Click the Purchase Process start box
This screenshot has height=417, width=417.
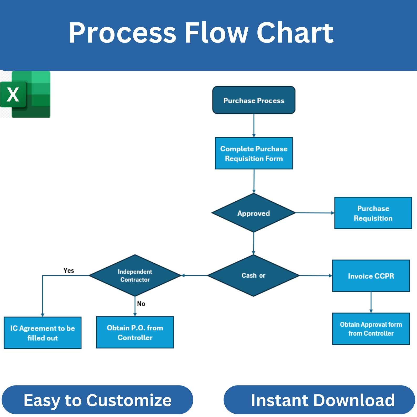coord(254,100)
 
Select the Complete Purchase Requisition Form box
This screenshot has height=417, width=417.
coord(254,153)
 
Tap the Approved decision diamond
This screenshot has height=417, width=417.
coord(253,213)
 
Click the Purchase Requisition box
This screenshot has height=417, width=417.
coord(373,213)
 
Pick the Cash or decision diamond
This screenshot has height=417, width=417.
coord(253,275)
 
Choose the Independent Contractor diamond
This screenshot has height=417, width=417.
coord(135,275)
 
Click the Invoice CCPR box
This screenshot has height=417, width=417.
coord(371,276)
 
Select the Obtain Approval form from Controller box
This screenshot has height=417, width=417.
coord(371,329)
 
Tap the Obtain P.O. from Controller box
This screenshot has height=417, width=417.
coord(135,332)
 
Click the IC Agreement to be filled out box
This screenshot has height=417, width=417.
coord(43,333)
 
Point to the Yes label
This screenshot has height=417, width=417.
coord(69,270)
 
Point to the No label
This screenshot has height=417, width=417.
coord(141,304)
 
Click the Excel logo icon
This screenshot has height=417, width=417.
coord(25,94)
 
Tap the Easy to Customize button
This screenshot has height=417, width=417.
coord(97,400)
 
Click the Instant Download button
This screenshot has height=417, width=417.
coord(319,400)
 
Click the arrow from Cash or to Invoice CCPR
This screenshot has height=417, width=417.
coord(316,275)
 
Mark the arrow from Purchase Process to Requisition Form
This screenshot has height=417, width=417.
coord(254,126)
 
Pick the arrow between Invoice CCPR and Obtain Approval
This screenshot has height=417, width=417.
coord(371,302)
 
